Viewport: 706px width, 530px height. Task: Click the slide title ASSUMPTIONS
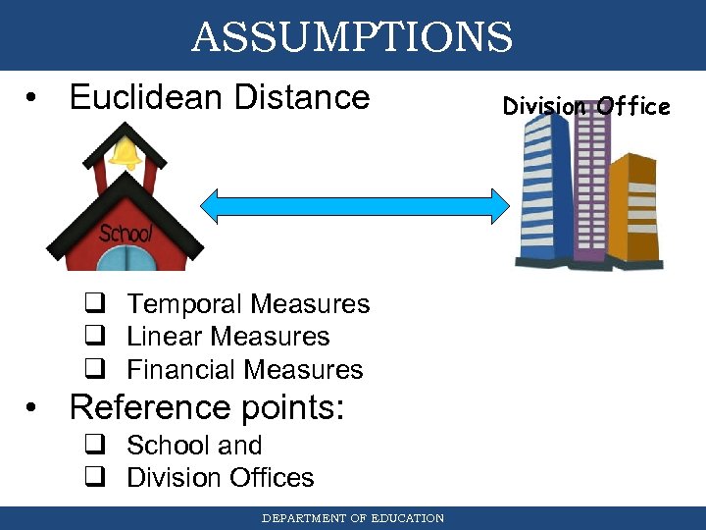352,37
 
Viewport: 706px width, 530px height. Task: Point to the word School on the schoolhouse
126,234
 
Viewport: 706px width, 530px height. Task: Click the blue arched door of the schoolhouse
125,259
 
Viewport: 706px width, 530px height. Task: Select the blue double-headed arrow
355,205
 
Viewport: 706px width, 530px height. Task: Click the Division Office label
586,106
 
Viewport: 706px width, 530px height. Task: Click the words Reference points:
207,406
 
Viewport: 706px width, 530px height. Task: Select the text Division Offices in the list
221,478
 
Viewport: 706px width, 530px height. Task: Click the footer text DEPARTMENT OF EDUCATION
352,518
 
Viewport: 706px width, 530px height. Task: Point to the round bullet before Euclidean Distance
34,99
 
